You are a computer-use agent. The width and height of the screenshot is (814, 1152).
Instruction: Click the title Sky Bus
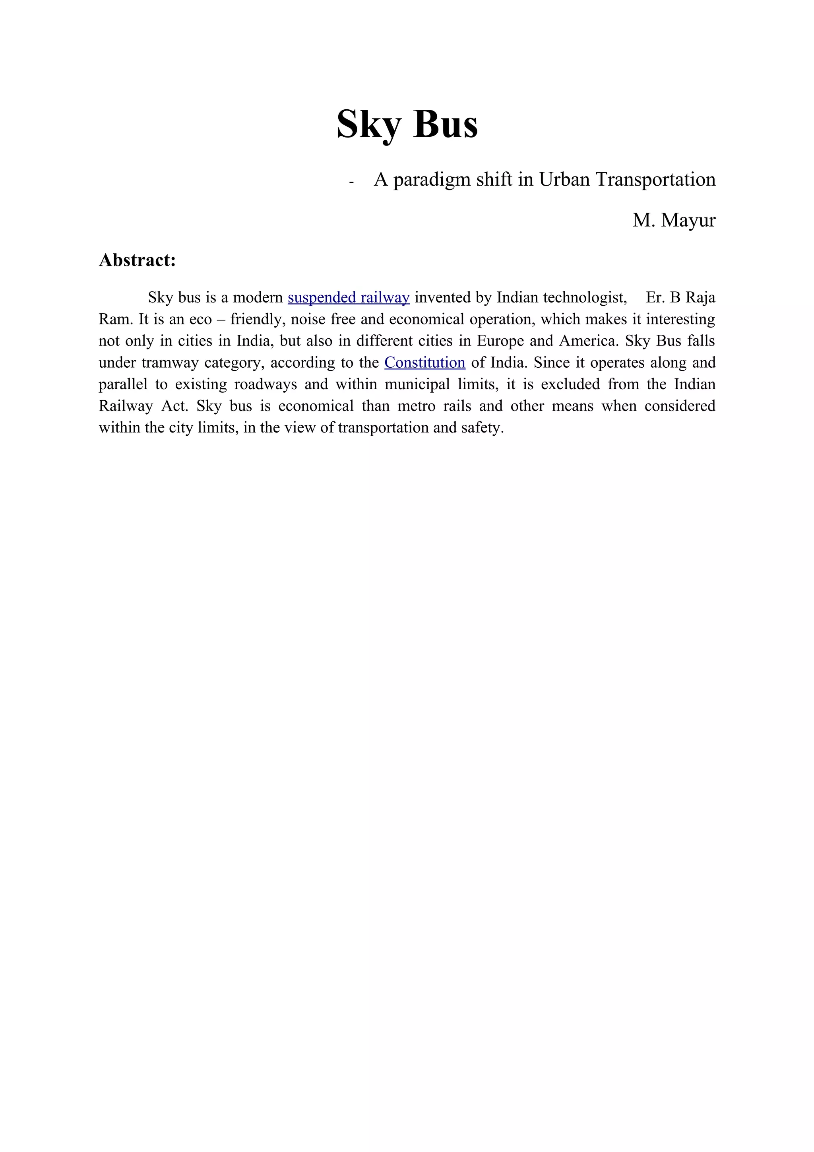[x=407, y=124]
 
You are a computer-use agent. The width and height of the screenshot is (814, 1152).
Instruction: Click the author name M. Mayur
[x=674, y=220]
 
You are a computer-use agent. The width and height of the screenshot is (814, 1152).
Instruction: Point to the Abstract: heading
[x=138, y=260]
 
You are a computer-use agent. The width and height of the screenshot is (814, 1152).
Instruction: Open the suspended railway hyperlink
[x=349, y=297]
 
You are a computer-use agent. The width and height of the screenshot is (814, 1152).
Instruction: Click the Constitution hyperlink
[x=425, y=362]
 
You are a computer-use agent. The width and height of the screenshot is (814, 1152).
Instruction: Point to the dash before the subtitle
[x=351, y=182]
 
